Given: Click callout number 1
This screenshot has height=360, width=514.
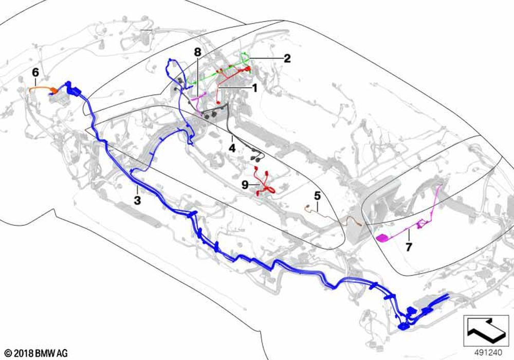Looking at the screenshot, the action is (253, 88).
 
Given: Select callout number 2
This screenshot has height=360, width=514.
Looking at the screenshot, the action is (287, 59).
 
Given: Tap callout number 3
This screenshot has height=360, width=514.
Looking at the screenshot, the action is (137, 200).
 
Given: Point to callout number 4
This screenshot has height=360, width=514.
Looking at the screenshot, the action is (232, 148).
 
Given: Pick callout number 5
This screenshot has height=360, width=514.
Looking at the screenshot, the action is (317, 195).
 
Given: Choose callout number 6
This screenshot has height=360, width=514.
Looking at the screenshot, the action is (35, 73).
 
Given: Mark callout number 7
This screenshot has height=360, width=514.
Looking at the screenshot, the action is (409, 247).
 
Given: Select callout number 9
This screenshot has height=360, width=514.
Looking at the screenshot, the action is (245, 184).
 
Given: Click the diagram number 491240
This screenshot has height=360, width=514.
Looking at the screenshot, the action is (487, 353).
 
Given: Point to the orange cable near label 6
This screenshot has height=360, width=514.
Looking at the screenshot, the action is (42, 88).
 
